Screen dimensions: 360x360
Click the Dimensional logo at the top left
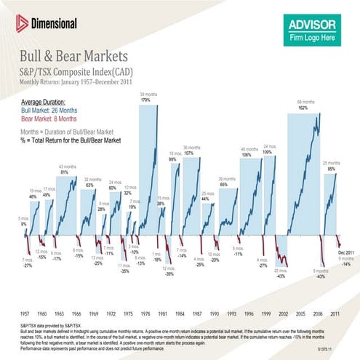tap(44, 23)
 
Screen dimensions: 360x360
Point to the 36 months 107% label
tap(192, 151)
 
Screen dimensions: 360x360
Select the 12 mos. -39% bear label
tap(169, 271)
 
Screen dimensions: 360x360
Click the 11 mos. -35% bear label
tap(124, 268)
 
